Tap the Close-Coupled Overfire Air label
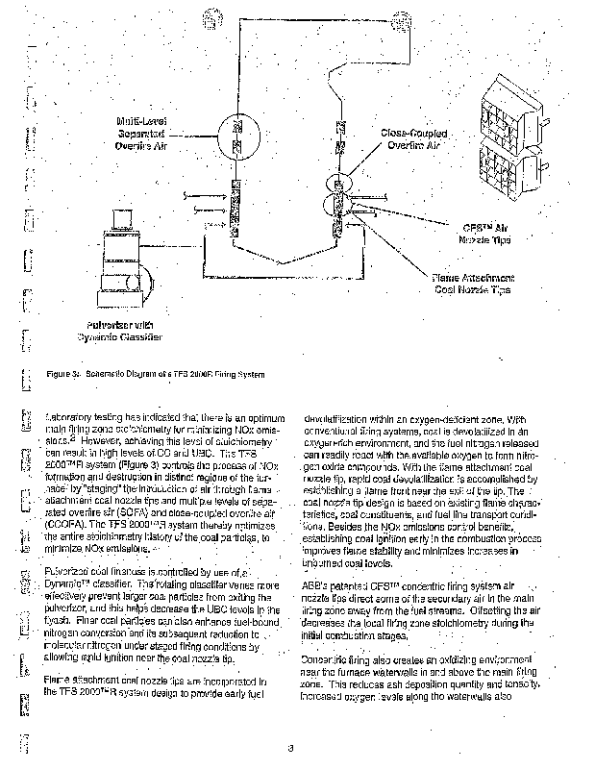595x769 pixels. (x=414, y=139)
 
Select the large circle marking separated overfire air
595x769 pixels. (x=237, y=135)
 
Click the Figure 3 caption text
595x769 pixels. (x=154, y=374)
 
